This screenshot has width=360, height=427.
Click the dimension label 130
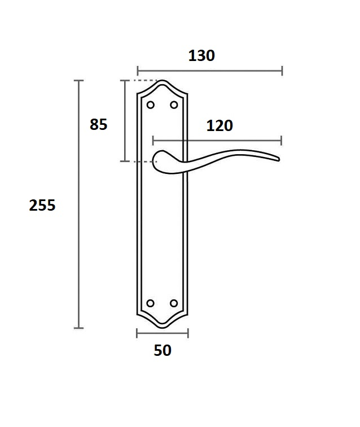(201, 55)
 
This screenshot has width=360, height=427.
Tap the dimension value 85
(99, 124)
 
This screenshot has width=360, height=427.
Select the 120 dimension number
(219, 126)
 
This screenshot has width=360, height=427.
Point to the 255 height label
(42, 205)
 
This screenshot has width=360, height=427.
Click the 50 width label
(163, 350)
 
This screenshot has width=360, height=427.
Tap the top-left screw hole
(151, 105)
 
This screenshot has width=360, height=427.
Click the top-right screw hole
(174, 105)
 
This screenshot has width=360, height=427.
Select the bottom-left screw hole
(150, 303)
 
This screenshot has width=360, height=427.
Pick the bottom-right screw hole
(174, 303)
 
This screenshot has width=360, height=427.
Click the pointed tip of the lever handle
(279, 159)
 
